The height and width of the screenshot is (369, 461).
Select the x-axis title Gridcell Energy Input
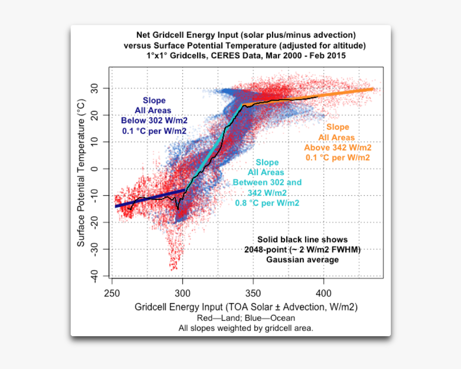246,307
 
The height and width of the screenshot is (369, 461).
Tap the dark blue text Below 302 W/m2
154,121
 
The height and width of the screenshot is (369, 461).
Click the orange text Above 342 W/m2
338,148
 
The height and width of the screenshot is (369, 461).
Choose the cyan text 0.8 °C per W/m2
267,203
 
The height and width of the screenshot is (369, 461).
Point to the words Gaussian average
302,260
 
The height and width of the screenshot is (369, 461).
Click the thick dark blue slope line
149,198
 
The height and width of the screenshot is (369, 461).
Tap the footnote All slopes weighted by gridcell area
246,328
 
